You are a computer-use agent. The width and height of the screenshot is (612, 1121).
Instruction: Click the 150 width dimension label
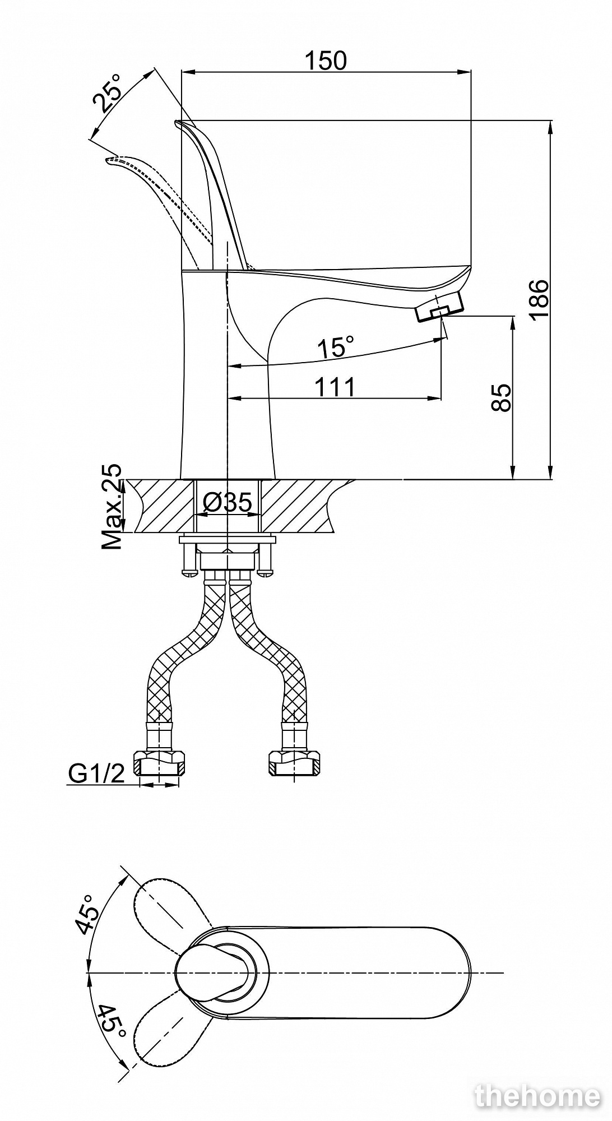tap(326, 61)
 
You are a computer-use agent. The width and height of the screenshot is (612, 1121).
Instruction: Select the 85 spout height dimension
tap(502, 398)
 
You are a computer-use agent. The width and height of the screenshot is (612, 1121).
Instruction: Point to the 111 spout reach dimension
tap(335, 387)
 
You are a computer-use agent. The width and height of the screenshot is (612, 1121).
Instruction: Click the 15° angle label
tap(335, 348)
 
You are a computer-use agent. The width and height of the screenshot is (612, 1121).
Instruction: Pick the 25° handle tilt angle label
tap(108, 93)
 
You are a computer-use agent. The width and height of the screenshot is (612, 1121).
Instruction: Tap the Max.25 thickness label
tap(112, 506)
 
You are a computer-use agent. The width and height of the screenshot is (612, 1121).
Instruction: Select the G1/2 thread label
tap(96, 773)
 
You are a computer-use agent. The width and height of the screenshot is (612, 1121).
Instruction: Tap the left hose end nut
tap(161, 764)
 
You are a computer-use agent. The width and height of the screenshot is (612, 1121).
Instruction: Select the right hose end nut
tap(295, 764)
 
